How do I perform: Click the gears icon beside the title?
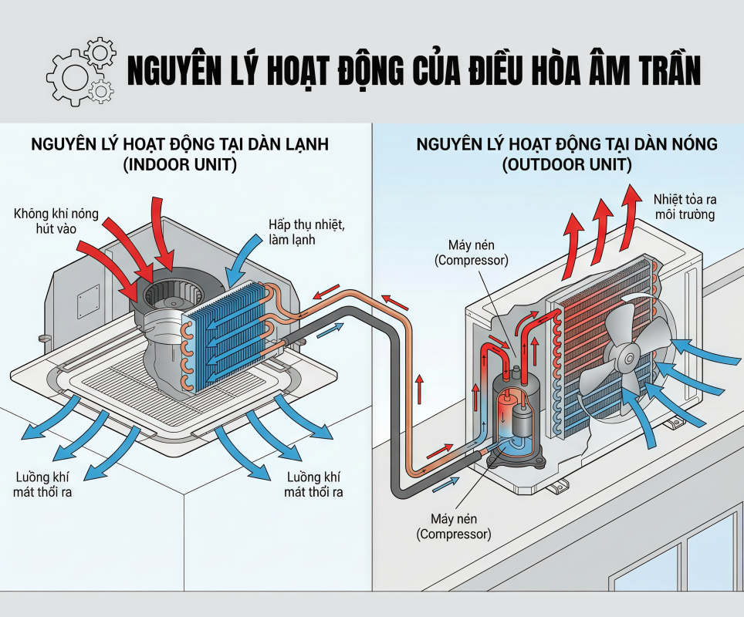point(80,71)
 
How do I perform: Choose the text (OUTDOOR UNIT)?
point(566,165)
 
